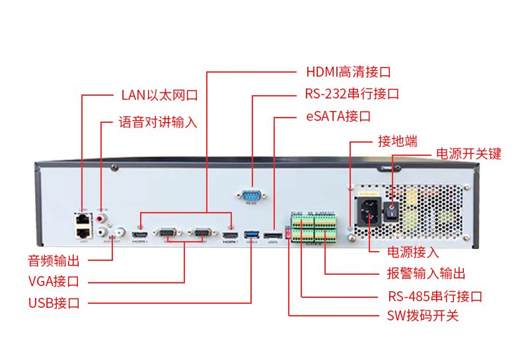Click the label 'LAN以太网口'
tap(159, 95)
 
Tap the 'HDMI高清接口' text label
tap(348, 71)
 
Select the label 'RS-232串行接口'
tap(352, 94)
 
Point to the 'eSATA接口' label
tap(337, 117)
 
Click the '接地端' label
tap(397, 141)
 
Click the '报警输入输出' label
tap(426, 273)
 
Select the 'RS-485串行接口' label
tap(434, 297)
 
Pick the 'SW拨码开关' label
tap(422, 316)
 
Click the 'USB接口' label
tap(54, 304)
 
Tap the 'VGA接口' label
tap(54, 281)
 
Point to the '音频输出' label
tap(54, 260)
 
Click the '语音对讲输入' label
tap(158, 122)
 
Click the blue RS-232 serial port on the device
tap(251, 194)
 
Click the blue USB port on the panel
tap(252, 234)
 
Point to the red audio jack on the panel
tap(101, 217)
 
